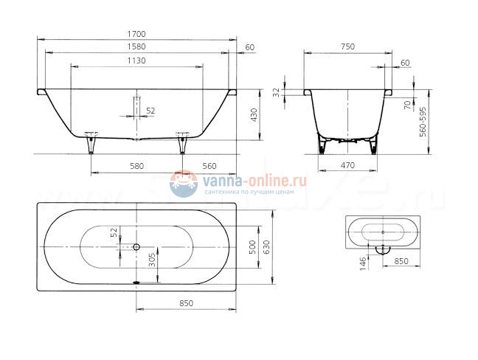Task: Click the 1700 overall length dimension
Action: click(136, 34)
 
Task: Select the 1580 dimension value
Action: click(136, 47)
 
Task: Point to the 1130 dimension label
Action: click(136, 60)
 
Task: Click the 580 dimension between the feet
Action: click(136, 166)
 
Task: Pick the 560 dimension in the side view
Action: click(209, 166)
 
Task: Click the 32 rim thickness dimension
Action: click(277, 92)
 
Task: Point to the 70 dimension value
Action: click(406, 105)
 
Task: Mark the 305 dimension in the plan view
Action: click(152, 260)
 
